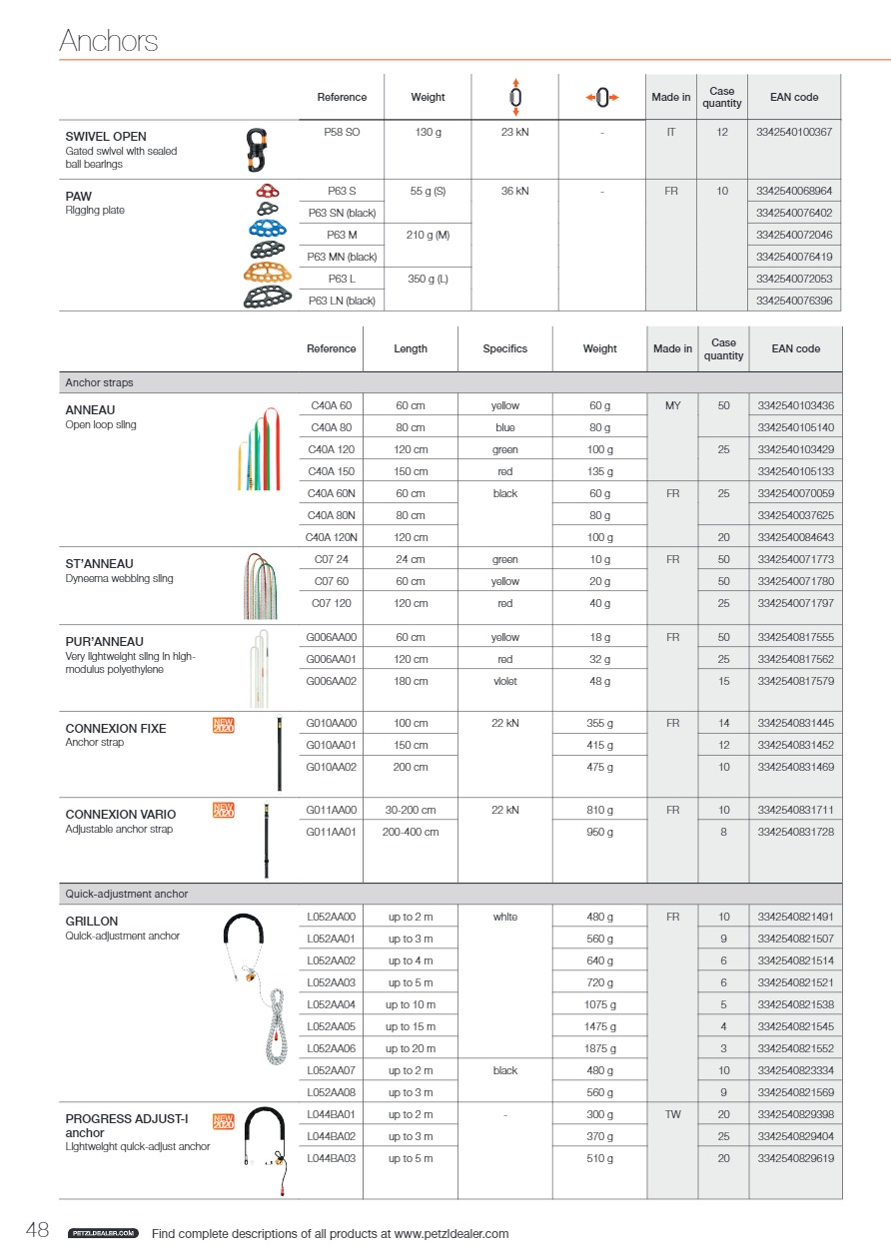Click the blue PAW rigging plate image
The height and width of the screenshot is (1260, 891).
(x=269, y=229)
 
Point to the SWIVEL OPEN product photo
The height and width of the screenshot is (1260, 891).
(x=258, y=149)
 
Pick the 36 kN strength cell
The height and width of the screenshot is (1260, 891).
(x=514, y=191)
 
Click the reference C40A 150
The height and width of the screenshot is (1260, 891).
(x=331, y=471)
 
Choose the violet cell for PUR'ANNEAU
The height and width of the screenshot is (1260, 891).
(x=505, y=681)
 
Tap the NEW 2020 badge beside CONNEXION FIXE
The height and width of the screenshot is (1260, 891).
(x=224, y=726)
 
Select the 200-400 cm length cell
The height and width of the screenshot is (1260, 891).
(x=411, y=832)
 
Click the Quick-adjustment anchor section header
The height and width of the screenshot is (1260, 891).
(x=127, y=894)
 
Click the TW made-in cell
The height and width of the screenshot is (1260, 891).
(x=672, y=1114)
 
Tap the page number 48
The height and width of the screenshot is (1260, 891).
(x=37, y=1231)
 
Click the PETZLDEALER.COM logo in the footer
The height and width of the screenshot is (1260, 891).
(x=102, y=1234)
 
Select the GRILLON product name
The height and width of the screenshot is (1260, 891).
(x=92, y=921)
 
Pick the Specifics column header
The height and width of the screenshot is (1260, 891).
(x=504, y=348)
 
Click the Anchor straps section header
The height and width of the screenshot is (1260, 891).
(x=99, y=382)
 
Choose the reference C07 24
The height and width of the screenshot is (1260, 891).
(x=331, y=559)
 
